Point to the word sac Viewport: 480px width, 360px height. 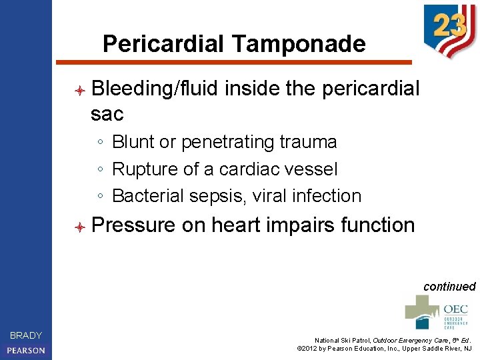pyautogui.click(x=107, y=114)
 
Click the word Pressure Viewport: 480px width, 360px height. pyautogui.click(x=133, y=225)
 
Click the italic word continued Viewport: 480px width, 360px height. pyautogui.click(x=449, y=287)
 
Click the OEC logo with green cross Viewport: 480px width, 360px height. pyautogui.click(x=437, y=312)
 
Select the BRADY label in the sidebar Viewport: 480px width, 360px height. pyautogui.click(x=26, y=335)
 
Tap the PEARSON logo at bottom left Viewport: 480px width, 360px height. pyautogui.click(x=26, y=350)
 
